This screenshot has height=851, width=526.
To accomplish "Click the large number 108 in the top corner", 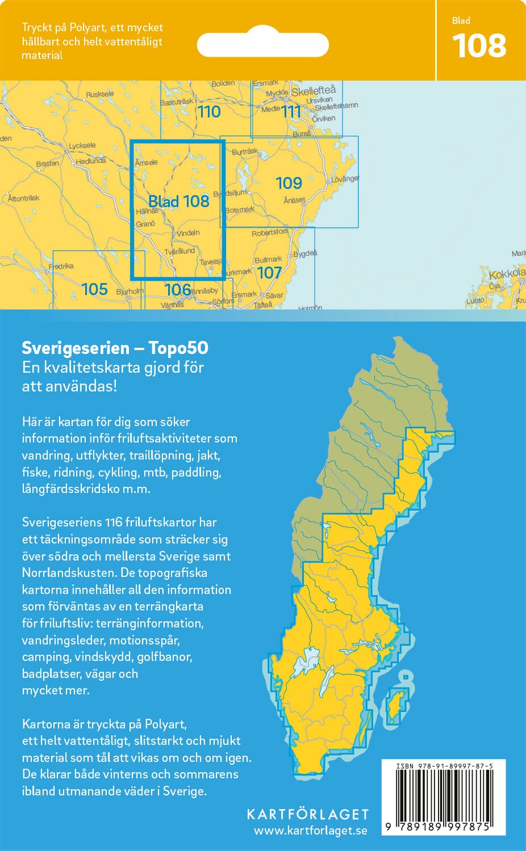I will coord(479,46).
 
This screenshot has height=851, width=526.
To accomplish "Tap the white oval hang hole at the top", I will coord(263,45).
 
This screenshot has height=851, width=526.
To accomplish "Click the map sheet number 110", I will coord(208,112).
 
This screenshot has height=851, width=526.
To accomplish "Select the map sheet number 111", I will coord(291,112).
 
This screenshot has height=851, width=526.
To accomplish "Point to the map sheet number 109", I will coord(289,183).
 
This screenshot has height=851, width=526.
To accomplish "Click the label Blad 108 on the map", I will coord(178,201).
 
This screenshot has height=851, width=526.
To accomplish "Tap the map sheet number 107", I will coord(269,273).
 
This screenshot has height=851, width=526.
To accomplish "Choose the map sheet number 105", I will coord(94,289).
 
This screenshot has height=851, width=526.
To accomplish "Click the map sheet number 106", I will coord(177,290).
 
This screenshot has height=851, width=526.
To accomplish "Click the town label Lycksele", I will coord(82,146).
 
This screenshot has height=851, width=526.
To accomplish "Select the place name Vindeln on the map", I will coord(188,233).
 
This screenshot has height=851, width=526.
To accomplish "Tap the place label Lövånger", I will coord(345,179).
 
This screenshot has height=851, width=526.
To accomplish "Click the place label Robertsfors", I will coord(270,233).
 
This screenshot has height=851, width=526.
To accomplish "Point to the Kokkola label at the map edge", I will coord(507,273).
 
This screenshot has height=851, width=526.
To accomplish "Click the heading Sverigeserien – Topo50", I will coord(115,348).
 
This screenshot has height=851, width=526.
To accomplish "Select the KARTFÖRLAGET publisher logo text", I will coord(307,814).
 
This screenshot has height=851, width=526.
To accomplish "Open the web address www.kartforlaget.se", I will coord(310,831).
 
